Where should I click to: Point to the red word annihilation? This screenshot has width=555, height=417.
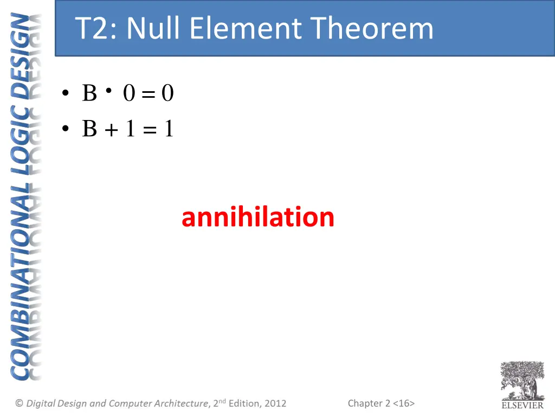[x=258, y=217]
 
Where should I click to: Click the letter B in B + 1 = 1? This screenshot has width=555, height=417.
[x=89, y=129]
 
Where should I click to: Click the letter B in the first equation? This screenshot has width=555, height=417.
[x=89, y=94]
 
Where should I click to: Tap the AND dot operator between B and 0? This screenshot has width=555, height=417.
[x=109, y=91]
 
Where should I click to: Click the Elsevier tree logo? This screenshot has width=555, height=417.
[x=522, y=380]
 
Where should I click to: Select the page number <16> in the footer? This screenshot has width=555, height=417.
[x=404, y=403]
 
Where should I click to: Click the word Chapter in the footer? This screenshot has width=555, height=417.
[x=365, y=403]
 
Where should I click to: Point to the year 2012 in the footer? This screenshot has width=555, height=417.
[x=275, y=403]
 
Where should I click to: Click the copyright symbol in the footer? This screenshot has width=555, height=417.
[x=20, y=403]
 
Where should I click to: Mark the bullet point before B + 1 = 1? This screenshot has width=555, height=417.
[x=66, y=129]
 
